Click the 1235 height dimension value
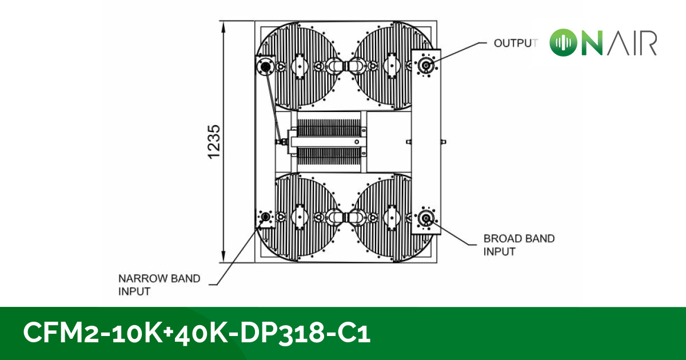coord(214,142)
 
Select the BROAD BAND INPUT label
coord(519,245)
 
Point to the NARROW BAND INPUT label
coord(159,285)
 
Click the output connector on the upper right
coord(425,66)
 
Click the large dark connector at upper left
coord(265,66)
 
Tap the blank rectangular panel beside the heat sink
coord(388,141)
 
